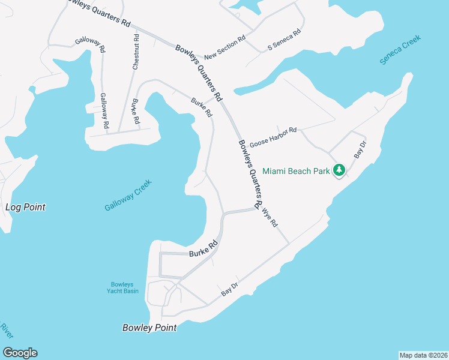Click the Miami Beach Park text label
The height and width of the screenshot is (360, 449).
tap(296, 171)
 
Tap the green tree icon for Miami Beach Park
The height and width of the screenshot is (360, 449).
tap(339, 171)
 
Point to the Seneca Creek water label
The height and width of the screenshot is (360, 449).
tap(401, 50)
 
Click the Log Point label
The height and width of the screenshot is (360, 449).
tap(25, 208)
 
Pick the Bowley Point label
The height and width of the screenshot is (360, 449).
tap(149, 328)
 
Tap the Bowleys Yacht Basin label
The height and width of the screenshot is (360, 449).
tap(124, 287)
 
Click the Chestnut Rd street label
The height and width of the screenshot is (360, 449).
tap(136, 52)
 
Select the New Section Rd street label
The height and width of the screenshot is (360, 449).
tap(225, 48)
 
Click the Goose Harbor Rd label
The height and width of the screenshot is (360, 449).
tap(274, 137)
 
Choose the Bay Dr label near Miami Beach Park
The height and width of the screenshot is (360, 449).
tap(360, 150)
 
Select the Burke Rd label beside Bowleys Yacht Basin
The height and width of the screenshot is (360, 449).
tap(203, 250)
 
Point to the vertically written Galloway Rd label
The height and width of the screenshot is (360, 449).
tap(104, 111)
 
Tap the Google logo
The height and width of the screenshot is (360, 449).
tap(20, 353)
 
